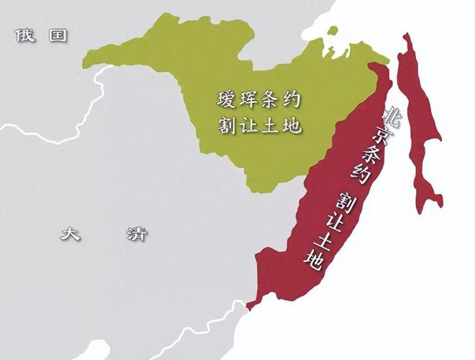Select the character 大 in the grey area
pos(70,233)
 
